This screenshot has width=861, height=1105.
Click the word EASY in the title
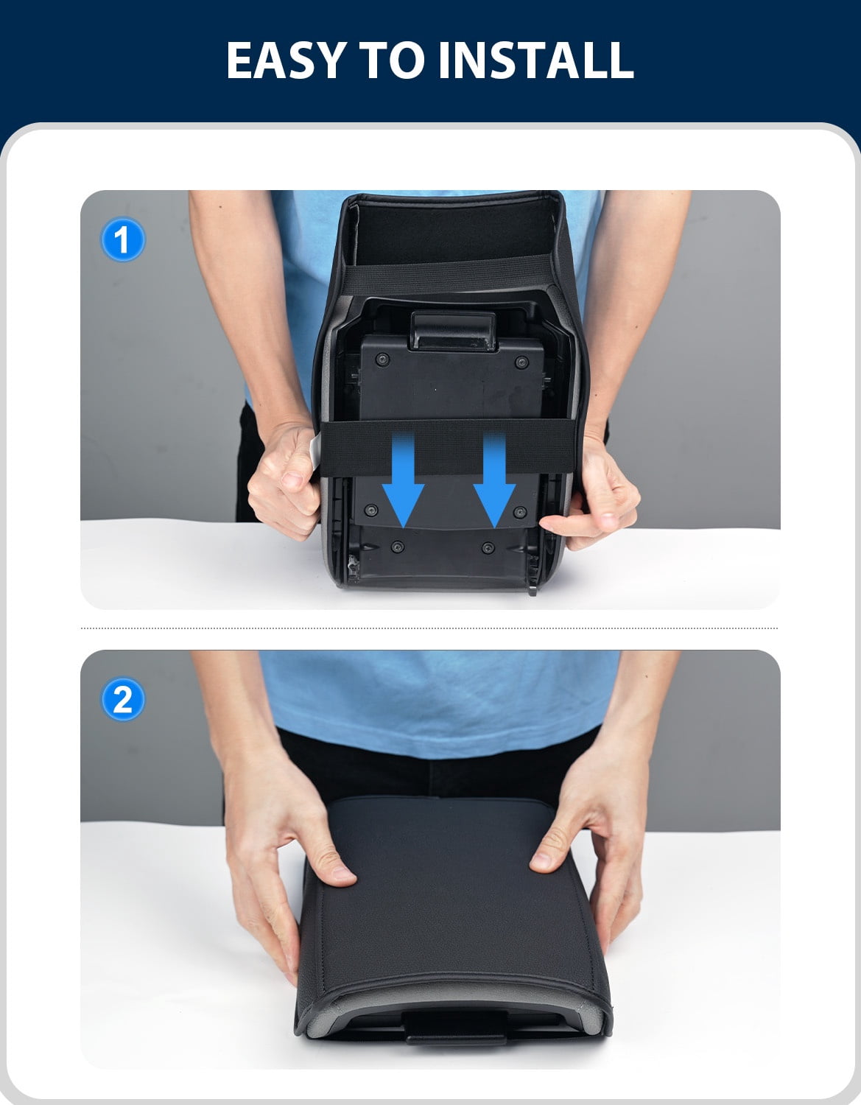point(287,60)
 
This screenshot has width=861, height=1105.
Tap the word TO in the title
point(391,60)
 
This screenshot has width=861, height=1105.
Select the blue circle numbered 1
point(123,239)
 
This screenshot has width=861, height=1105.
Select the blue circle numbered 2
point(123,699)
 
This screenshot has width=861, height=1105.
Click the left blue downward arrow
point(404,480)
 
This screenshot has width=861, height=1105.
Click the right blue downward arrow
point(494,480)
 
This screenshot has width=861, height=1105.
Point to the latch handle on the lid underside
point(453,331)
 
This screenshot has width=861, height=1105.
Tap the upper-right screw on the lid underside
point(521,362)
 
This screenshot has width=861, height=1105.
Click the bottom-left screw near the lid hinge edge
point(398,547)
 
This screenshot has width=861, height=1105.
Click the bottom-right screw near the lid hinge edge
point(488,547)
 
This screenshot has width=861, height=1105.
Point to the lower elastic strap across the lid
point(448,447)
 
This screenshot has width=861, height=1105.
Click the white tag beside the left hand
point(315,452)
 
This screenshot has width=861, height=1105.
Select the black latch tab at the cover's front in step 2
point(455,1027)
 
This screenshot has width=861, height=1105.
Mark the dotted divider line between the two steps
point(429,628)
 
